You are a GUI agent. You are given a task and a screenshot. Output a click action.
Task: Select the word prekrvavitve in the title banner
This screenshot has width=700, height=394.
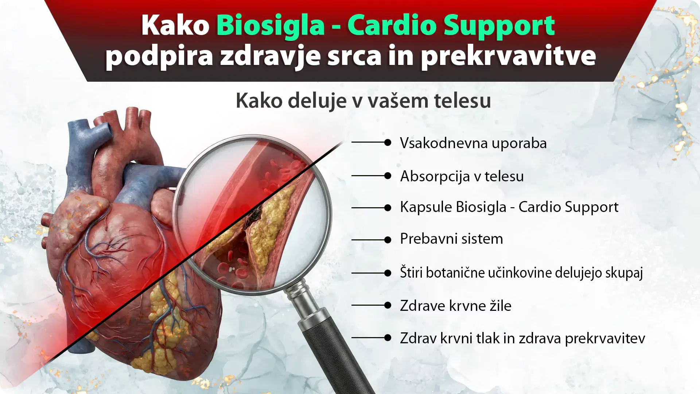509,57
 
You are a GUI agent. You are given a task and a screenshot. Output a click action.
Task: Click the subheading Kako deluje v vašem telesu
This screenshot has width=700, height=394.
363,101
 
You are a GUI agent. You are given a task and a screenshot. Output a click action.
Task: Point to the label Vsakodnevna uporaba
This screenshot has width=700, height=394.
473,143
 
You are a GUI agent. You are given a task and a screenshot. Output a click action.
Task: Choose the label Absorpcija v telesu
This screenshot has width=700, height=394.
462,176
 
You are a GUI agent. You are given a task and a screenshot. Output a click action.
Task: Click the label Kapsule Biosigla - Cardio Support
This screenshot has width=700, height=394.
509,207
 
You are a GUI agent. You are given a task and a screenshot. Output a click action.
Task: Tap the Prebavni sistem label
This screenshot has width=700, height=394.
451,239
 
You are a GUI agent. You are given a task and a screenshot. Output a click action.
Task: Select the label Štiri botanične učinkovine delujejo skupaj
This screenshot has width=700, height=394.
521,273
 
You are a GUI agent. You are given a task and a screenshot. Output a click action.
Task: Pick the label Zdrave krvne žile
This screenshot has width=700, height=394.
456,306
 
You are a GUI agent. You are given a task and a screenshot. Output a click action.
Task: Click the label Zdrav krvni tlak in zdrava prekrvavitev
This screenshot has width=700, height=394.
522,339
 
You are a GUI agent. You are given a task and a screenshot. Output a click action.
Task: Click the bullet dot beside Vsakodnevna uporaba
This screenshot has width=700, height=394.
388,142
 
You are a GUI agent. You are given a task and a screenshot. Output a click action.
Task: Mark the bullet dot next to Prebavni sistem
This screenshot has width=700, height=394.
388,240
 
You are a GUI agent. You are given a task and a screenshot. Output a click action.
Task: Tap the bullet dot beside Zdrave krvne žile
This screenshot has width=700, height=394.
388,305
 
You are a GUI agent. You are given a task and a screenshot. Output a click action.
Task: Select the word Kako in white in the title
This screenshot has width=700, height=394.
175,26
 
